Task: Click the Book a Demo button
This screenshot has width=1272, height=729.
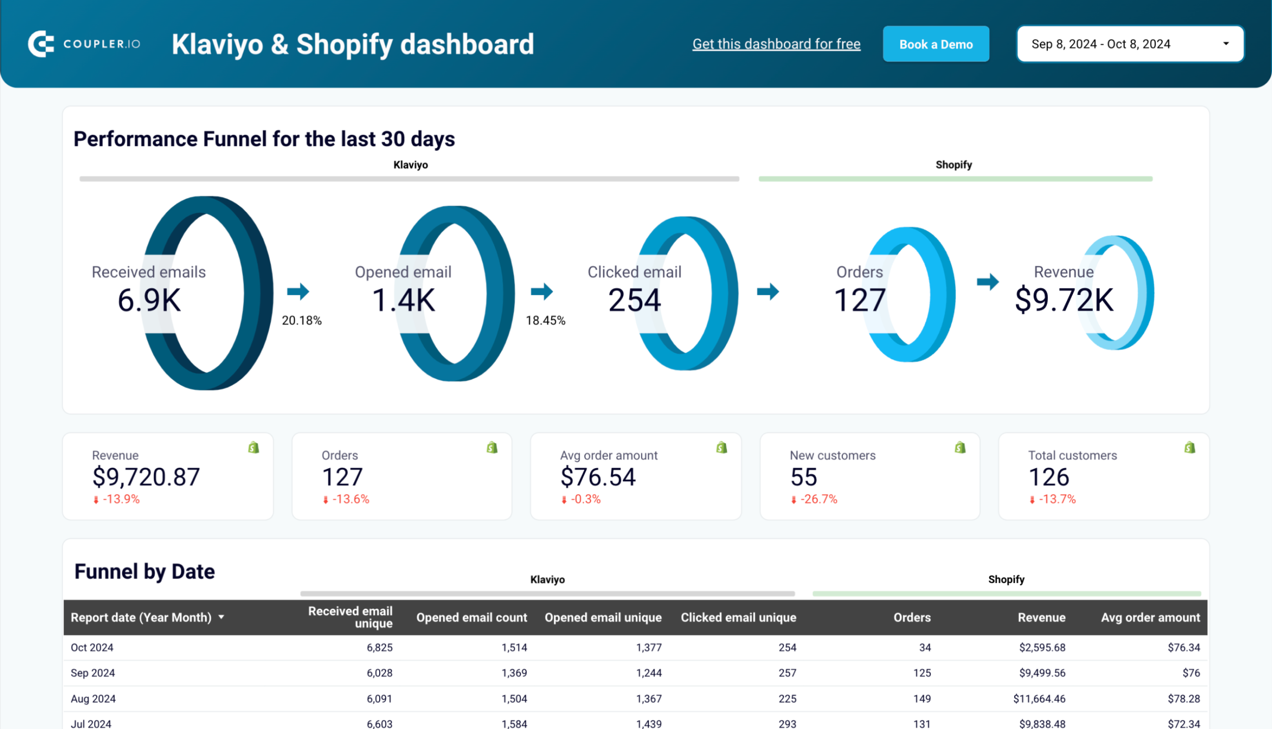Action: (x=935, y=44)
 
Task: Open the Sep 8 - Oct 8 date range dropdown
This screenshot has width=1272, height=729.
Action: (x=1130, y=44)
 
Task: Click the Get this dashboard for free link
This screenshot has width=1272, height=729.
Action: (x=776, y=44)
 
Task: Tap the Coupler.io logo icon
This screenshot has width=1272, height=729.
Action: (x=41, y=44)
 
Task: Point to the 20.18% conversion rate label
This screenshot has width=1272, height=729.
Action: (x=302, y=320)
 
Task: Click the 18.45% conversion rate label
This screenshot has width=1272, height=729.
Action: (x=545, y=320)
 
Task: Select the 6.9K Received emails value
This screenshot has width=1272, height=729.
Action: (x=149, y=300)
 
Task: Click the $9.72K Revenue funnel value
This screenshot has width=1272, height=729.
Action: (x=1064, y=300)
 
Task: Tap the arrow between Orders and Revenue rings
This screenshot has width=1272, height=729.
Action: (x=987, y=282)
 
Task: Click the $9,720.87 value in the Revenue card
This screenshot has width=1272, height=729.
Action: (x=146, y=477)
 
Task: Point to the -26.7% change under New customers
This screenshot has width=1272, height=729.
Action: (x=818, y=499)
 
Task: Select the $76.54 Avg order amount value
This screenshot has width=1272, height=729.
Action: (x=598, y=477)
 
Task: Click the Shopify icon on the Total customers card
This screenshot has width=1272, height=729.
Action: (x=1190, y=447)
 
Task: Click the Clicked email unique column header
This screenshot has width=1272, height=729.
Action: (x=738, y=617)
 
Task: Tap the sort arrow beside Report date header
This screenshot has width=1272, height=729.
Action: (x=222, y=617)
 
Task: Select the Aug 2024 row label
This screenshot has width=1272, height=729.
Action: (x=93, y=698)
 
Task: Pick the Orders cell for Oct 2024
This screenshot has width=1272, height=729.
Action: (x=924, y=648)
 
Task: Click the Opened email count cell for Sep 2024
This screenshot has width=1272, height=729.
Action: (x=514, y=673)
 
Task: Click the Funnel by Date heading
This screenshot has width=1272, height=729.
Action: (x=144, y=571)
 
